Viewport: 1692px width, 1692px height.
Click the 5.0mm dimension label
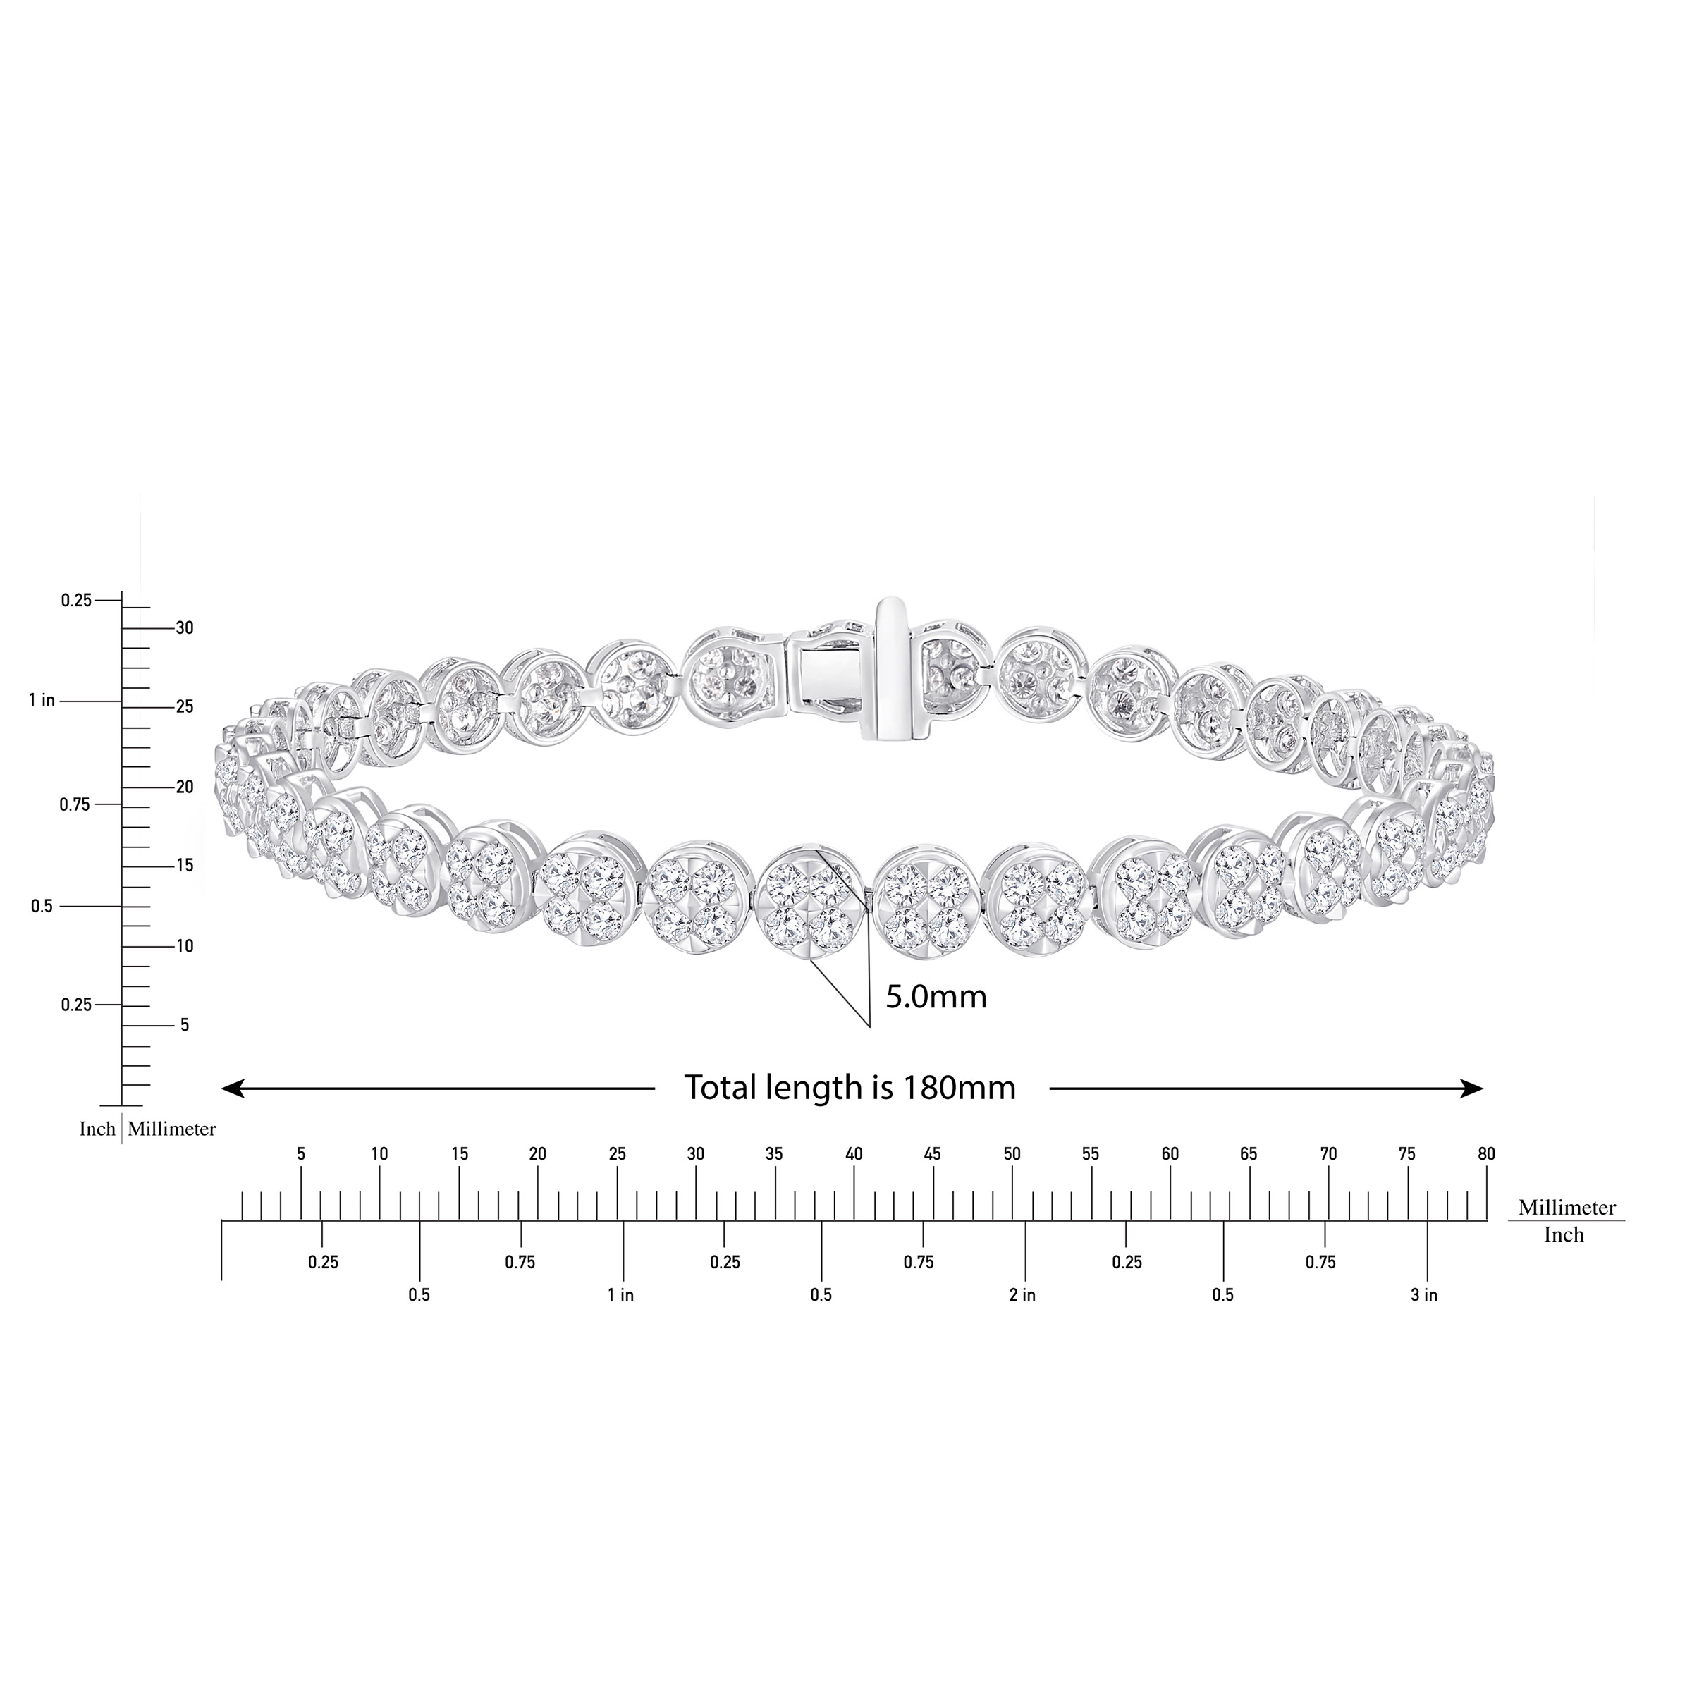pos(936,997)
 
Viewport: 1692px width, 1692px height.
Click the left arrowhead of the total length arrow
pos(232,1089)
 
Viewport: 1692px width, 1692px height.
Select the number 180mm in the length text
pos(955,1088)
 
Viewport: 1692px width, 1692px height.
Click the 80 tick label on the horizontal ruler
pos(1486,1154)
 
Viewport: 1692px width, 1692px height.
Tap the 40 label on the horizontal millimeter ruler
pos(854,1154)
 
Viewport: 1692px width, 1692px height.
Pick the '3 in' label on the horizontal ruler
pos(1424,1295)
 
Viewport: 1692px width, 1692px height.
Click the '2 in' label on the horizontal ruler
pos(1022,1295)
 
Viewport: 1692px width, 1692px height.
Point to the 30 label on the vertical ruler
pos(185,628)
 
